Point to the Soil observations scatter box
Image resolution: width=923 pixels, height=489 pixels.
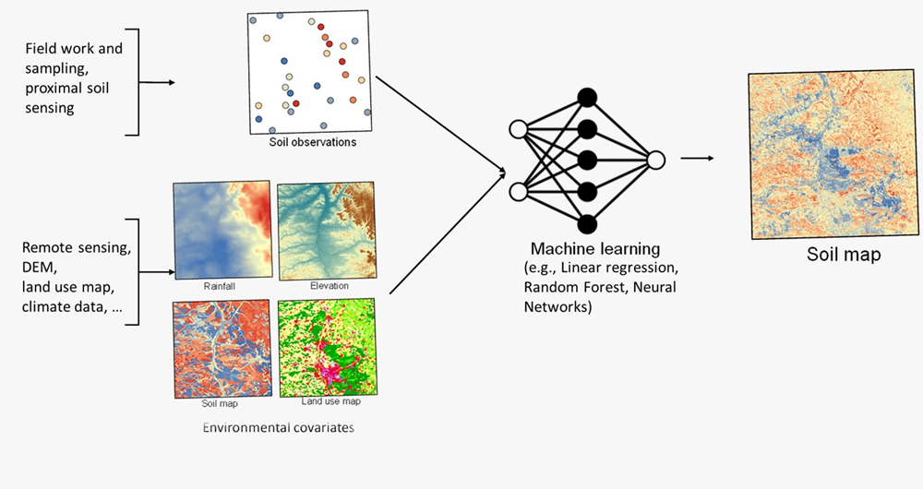pos(310,73)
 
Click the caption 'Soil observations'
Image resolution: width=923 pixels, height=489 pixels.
pos(313,143)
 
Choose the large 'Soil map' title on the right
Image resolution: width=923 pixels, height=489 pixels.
pos(844,255)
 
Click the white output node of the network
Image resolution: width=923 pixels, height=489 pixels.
pos(655,160)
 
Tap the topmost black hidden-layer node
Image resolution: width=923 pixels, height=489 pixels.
pos(585,96)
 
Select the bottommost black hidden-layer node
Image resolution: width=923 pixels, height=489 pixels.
pos(585,223)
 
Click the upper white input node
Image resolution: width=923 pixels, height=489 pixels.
pos(518,128)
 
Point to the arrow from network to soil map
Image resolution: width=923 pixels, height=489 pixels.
pos(697,159)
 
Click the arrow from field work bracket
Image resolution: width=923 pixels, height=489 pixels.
pos(161,82)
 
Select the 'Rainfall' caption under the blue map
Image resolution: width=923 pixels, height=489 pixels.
pos(221,286)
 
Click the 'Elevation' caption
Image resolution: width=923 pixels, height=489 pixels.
pos(330,286)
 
